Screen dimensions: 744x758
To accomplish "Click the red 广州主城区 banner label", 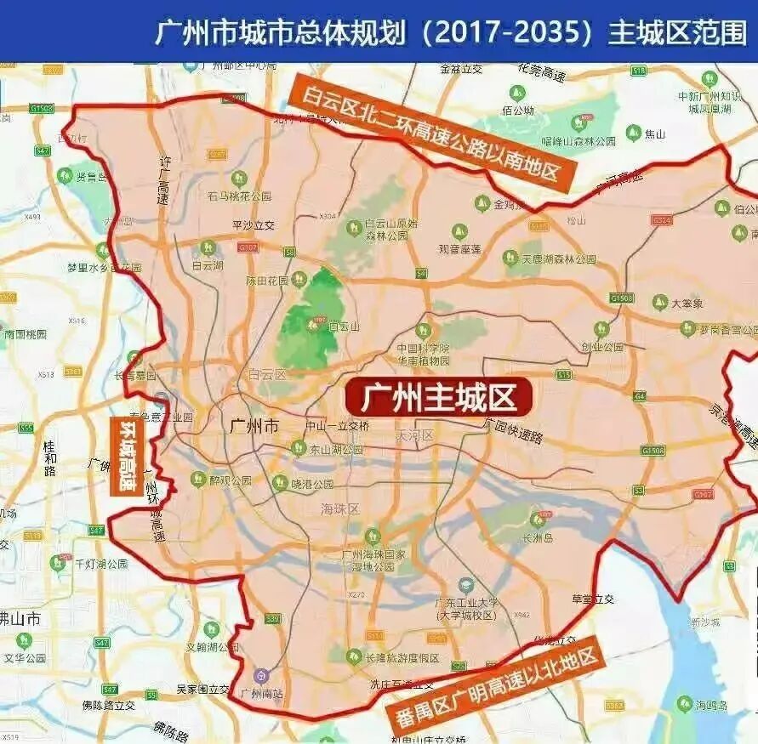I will coord(439,397).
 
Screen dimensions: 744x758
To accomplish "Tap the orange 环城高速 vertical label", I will coord(128,456).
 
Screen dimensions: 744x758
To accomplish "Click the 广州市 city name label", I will coord(254,426).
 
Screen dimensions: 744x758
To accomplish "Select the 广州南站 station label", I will coord(262,693).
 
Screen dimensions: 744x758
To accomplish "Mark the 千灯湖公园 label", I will coord(101,564).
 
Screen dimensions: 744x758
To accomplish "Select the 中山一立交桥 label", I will coord(338,426).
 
